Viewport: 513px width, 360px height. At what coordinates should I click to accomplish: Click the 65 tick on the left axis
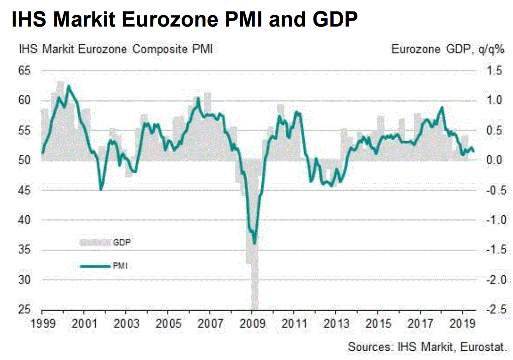tap(24, 71)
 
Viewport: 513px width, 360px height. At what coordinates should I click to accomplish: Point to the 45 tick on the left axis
tap(24, 191)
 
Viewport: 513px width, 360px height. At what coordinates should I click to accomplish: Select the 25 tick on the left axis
tap(24, 310)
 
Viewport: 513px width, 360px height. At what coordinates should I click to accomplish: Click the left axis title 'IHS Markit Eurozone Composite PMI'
tap(115, 49)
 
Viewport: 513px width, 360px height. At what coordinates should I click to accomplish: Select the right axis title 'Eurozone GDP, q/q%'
tap(448, 49)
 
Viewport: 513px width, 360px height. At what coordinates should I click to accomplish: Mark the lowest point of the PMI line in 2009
tap(255, 244)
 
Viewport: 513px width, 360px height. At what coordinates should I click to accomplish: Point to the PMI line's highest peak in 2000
tap(69, 86)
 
